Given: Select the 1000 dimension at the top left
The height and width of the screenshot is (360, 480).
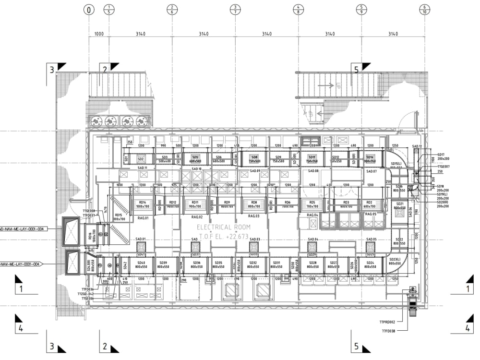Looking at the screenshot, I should point(98,34).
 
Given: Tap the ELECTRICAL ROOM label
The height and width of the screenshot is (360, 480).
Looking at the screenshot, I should point(223,227).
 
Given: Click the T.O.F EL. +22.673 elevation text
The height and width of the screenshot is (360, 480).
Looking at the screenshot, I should point(223,236).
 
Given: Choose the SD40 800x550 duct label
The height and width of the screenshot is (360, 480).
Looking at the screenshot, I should point(141,264).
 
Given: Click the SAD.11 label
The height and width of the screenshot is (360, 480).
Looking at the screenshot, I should point(143,168).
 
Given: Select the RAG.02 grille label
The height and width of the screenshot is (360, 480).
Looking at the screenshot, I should point(197,217).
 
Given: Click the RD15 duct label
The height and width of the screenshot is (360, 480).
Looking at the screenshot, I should point(118,216).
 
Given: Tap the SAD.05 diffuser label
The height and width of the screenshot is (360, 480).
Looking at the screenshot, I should point(372,239).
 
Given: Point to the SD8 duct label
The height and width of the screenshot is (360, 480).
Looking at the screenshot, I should point(254,158).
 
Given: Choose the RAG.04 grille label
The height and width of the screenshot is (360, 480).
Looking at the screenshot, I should point(312,215).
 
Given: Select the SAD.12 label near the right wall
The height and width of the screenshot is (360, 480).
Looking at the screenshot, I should point(417,146).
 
